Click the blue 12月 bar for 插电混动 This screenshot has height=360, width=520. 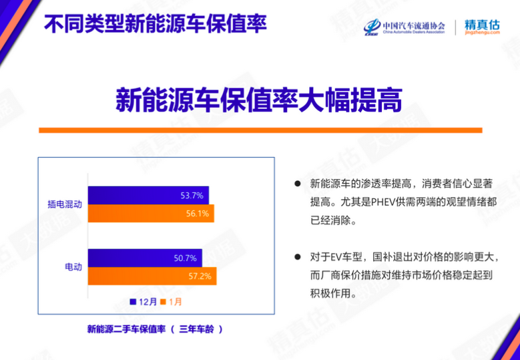pyautogui.click(x=148, y=196)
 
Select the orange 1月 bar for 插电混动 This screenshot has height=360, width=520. pyautogui.click(x=151, y=213)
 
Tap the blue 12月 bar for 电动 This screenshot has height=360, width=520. pyautogui.click(x=145, y=258)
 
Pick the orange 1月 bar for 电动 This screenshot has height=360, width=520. pyautogui.click(x=152, y=276)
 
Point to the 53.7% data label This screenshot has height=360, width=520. pyautogui.click(x=192, y=196)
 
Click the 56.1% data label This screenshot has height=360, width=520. pyautogui.click(x=198, y=214)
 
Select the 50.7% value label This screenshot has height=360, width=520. pyautogui.click(x=186, y=258)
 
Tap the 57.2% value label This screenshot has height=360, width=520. pyautogui.click(x=200, y=276)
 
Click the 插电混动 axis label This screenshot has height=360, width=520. pyautogui.click(x=65, y=204)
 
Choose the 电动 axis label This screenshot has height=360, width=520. pyautogui.click(x=73, y=267)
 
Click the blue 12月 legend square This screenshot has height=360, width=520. pyautogui.click(x=134, y=302)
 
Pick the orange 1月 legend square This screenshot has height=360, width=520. pyautogui.click(x=163, y=302)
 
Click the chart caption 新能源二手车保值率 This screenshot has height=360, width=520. pyautogui.click(x=126, y=329)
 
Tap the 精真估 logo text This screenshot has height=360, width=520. pyautogui.click(x=482, y=25)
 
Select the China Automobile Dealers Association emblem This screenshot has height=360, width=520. pyautogui.click(x=372, y=27)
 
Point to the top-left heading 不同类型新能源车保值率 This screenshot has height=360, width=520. pyautogui.click(x=156, y=23)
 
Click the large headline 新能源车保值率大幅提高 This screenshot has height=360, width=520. pyautogui.click(x=259, y=100)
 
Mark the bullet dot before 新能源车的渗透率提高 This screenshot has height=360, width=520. pyautogui.click(x=298, y=184)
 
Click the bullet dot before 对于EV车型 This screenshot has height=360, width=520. pyautogui.click(x=298, y=257)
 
